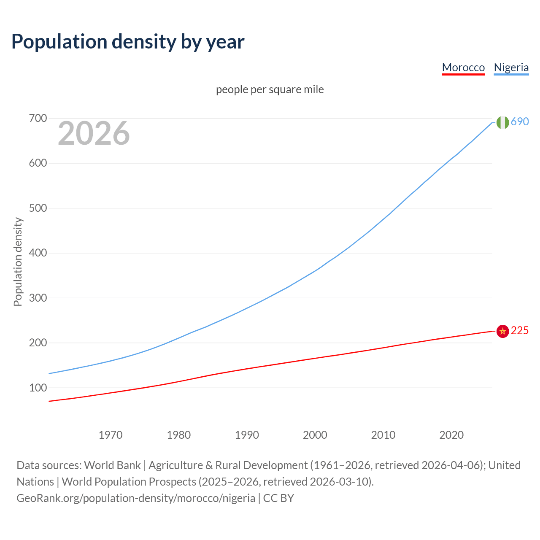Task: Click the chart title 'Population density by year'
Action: pyautogui.click(x=128, y=41)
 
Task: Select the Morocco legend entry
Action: pyautogui.click(x=463, y=67)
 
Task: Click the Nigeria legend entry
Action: pyautogui.click(x=511, y=67)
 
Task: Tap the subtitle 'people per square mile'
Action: pyautogui.click(x=270, y=89)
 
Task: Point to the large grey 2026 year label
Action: pyautogui.click(x=94, y=133)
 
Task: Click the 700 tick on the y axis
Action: pyautogui.click(x=38, y=118)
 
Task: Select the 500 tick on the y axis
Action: pyautogui.click(x=38, y=208)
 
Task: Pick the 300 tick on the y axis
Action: pyautogui.click(x=38, y=298)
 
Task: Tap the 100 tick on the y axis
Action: pyautogui.click(x=38, y=388)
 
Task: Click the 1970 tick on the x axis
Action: pyautogui.click(x=111, y=435)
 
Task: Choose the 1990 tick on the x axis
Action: pyautogui.click(x=247, y=435)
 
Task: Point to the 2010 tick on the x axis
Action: pyautogui.click(x=383, y=435)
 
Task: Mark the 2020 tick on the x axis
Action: pyautogui.click(x=451, y=435)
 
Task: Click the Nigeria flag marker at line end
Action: pyautogui.click(x=502, y=122)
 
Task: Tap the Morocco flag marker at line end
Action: pyautogui.click(x=502, y=331)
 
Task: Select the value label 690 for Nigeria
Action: pyautogui.click(x=520, y=121)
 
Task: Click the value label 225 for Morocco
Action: pyautogui.click(x=520, y=330)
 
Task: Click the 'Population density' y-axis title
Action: pyautogui.click(x=18, y=262)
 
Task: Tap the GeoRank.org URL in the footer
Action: pyautogui.click(x=136, y=498)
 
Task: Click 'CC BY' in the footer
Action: pyautogui.click(x=278, y=498)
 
